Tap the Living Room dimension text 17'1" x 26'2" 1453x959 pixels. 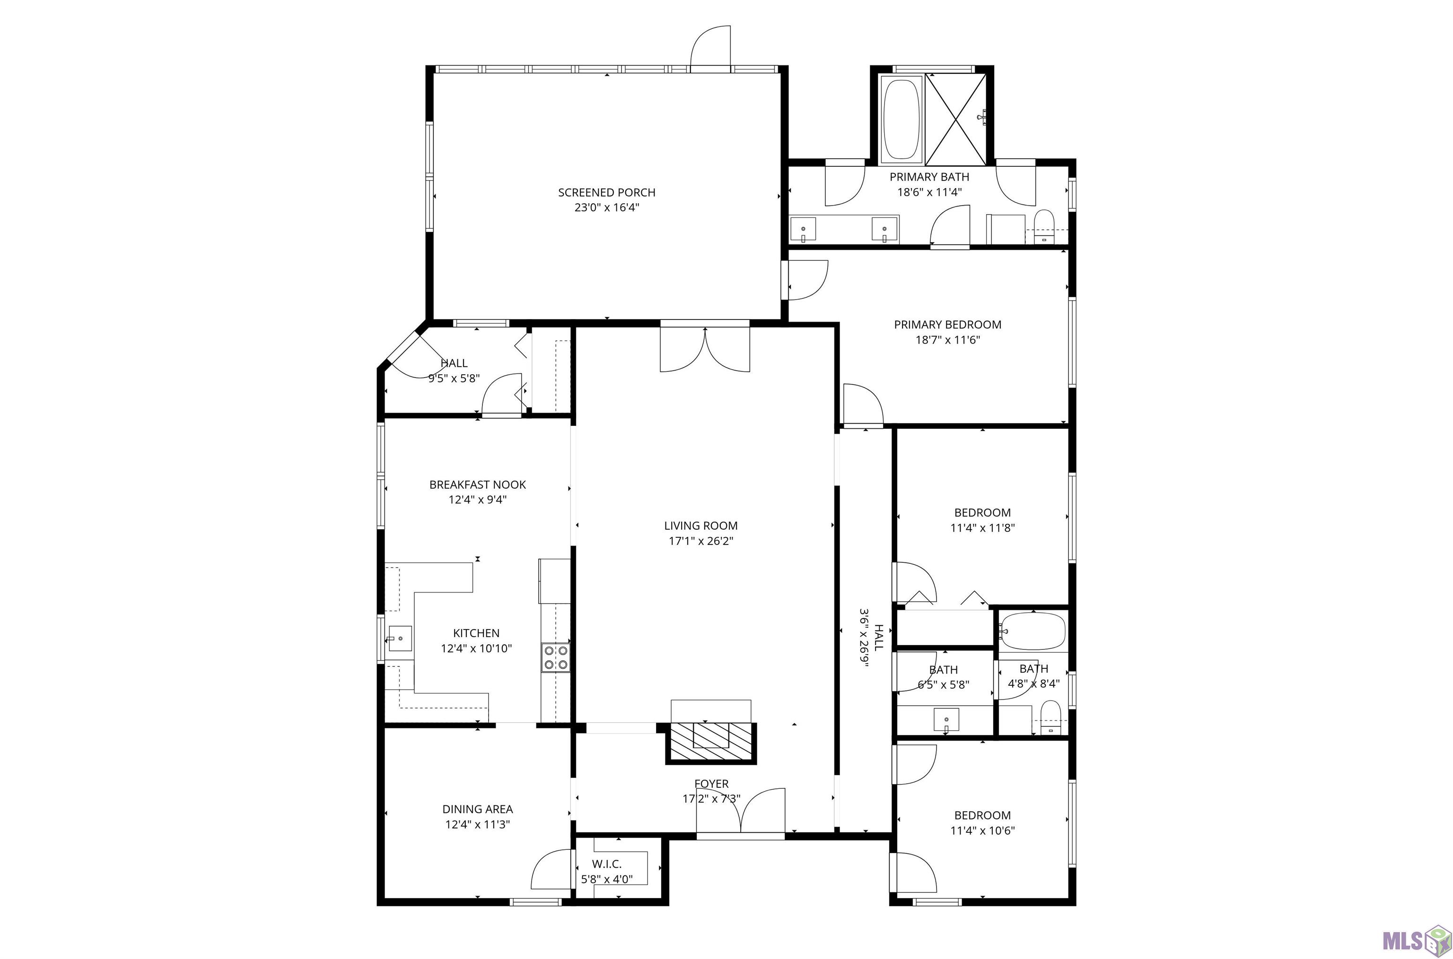coord(701,541)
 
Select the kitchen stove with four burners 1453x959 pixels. coord(556,657)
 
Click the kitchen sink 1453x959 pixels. coord(400,639)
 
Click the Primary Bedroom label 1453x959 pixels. coord(947,325)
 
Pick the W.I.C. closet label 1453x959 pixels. coord(606,864)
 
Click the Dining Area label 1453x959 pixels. coord(477,809)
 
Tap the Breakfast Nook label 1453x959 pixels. coord(477,484)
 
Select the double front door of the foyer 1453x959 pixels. coord(741,812)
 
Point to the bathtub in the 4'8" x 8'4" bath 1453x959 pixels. coord(1033,631)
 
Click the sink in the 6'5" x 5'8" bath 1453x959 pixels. coord(946,719)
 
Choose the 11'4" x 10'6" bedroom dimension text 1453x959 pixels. coord(982,830)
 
